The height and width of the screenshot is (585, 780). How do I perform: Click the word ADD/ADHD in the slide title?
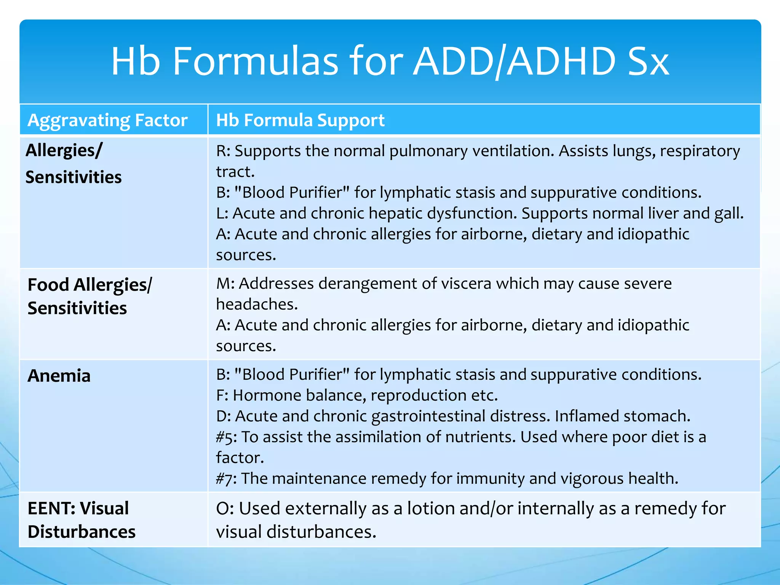point(514,61)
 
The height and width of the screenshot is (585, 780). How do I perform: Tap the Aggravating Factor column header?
point(107,120)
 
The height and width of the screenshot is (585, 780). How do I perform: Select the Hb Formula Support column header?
point(300,120)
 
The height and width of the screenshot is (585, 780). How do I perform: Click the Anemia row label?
point(59,376)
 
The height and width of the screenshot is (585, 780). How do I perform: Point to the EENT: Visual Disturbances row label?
point(81,520)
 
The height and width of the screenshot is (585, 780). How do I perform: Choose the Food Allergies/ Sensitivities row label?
point(90,296)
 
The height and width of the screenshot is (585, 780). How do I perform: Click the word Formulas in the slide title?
point(255,61)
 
